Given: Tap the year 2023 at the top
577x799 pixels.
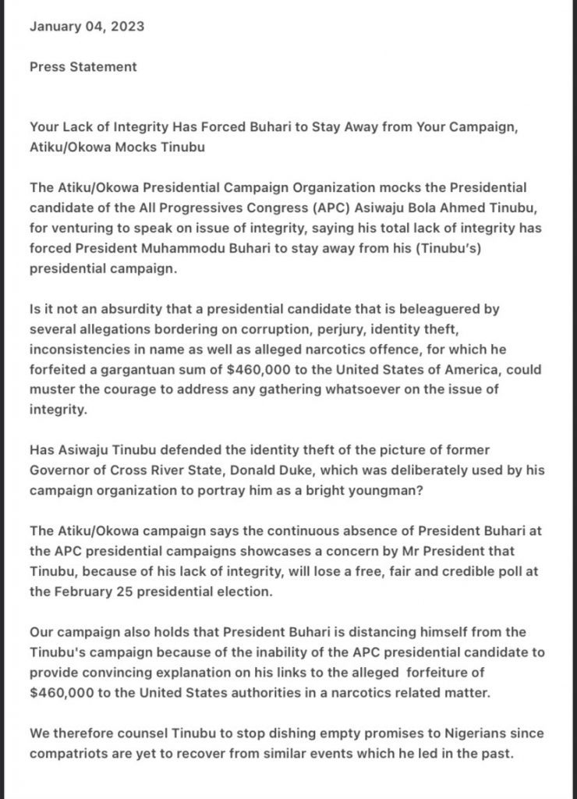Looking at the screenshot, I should (x=127, y=26).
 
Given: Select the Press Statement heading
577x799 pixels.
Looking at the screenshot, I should (x=83, y=66).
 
